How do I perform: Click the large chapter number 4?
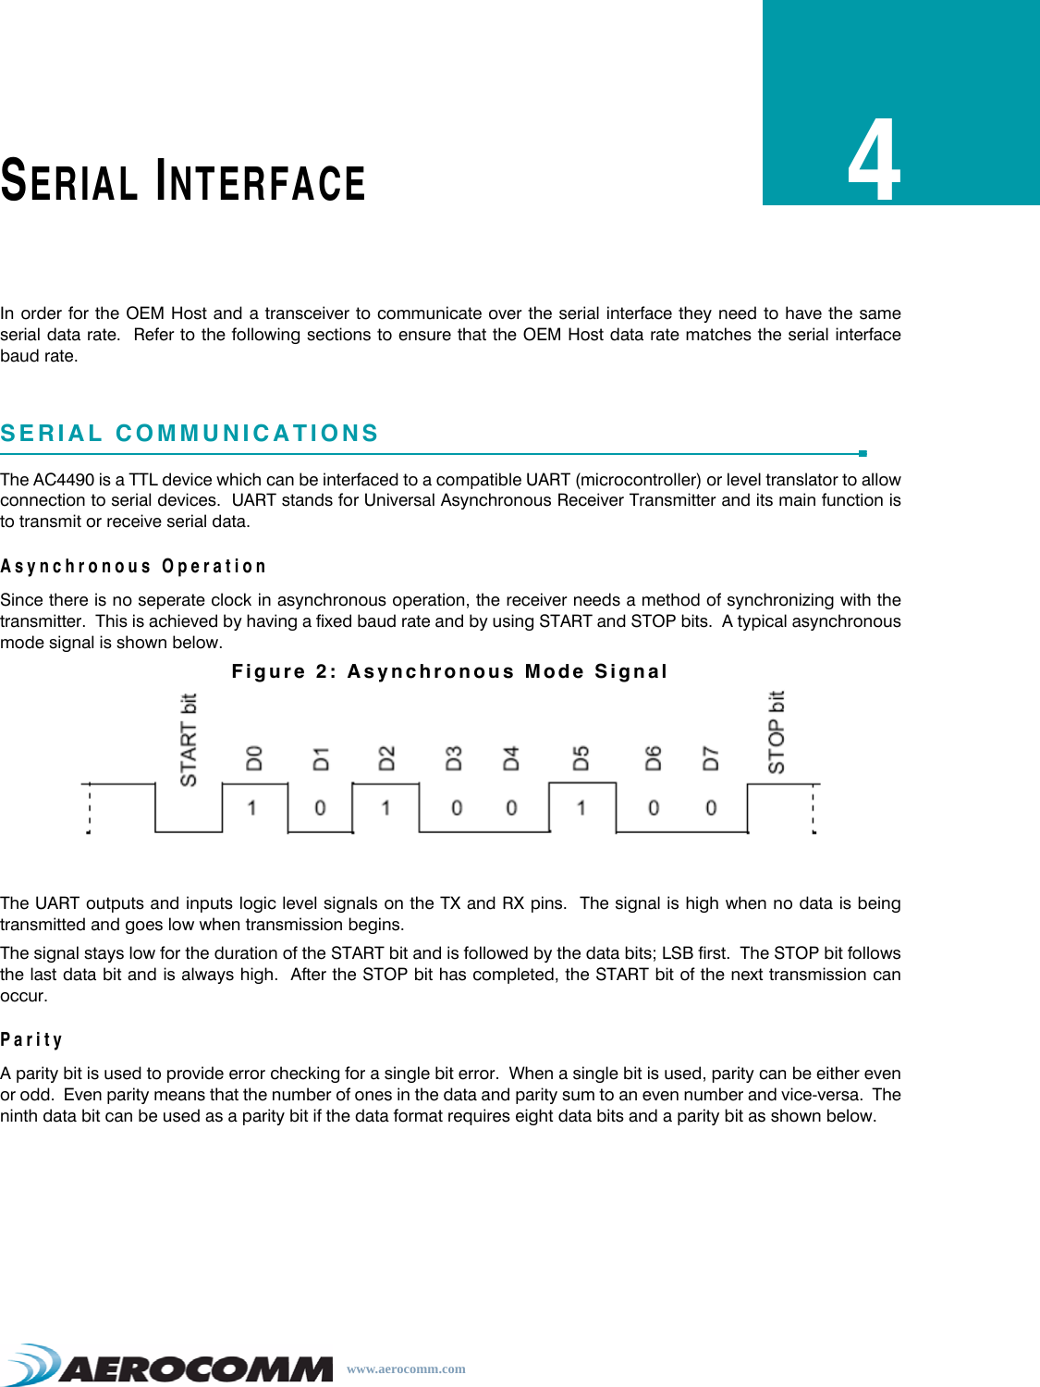875,162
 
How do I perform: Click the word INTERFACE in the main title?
262,181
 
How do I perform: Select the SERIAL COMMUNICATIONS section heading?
190,433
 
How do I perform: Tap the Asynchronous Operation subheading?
133,566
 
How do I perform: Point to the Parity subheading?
31,1039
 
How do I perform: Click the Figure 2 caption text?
449,671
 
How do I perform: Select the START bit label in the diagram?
189,740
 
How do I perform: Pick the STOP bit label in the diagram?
777,731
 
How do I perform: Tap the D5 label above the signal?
581,758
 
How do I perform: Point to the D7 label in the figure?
710,758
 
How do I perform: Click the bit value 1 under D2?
385,808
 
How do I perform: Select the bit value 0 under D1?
320,808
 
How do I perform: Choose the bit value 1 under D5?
581,808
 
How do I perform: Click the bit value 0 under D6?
654,808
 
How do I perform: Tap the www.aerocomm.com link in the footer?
406,1369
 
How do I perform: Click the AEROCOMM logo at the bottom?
171,1365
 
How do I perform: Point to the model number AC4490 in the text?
64,479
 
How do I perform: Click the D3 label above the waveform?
454,758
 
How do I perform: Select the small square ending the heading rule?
863,453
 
